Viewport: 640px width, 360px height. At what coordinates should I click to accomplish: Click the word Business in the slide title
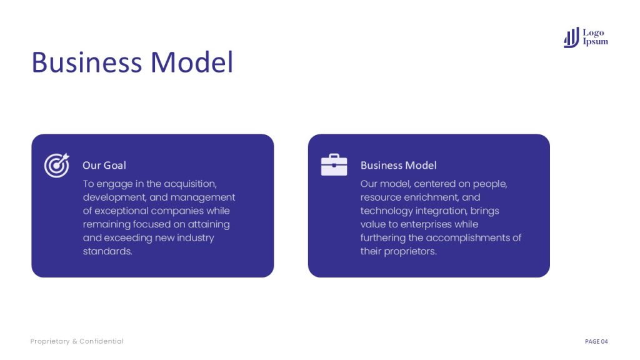point(86,62)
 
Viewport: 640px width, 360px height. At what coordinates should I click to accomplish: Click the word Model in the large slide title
point(192,62)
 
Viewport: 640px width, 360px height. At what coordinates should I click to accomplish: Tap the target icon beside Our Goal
point(57,165)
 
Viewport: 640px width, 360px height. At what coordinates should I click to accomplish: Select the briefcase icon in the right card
point(334,165)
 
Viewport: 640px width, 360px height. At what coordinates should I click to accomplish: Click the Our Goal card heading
point(104,165)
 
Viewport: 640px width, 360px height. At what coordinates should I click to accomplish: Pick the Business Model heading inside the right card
point(398,165)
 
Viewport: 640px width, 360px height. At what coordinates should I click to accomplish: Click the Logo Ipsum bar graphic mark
point(571,37)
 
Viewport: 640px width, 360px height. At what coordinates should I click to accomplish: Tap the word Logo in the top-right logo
point(594,32)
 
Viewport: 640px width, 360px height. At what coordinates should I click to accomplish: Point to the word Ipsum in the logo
point(596,42)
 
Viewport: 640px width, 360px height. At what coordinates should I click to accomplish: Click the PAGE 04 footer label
point(596,341)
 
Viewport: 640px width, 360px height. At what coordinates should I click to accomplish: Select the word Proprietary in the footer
point(50,341)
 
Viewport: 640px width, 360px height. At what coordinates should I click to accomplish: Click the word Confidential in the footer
point(101,341)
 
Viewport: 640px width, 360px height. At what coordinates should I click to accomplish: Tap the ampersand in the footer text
point(75,341)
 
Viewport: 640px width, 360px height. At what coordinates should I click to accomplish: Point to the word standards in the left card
point(107,251)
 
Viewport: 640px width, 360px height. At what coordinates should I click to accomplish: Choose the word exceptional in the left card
point(121,211)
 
